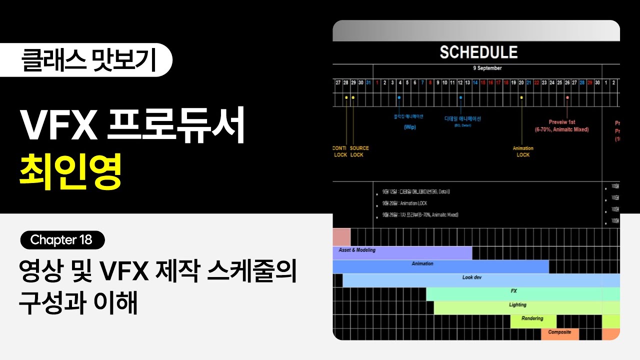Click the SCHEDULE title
tap(478, 52)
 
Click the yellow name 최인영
tap(70, 172)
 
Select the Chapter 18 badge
tap(61, 240)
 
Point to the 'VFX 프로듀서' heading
tap(132, 126)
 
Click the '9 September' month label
tap(487, 68)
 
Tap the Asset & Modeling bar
tap(402, 252)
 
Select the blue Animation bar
tap(440, 266)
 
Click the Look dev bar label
tap(471, 277)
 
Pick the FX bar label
tap(513, 291)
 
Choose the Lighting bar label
tap(517, 305)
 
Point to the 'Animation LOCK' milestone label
tap(523, 151)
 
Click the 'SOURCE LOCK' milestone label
tap(359, 151)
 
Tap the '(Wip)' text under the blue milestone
tap(409, 127)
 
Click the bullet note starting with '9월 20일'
tap(404, 203)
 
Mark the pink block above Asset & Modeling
tap(341, 237)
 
